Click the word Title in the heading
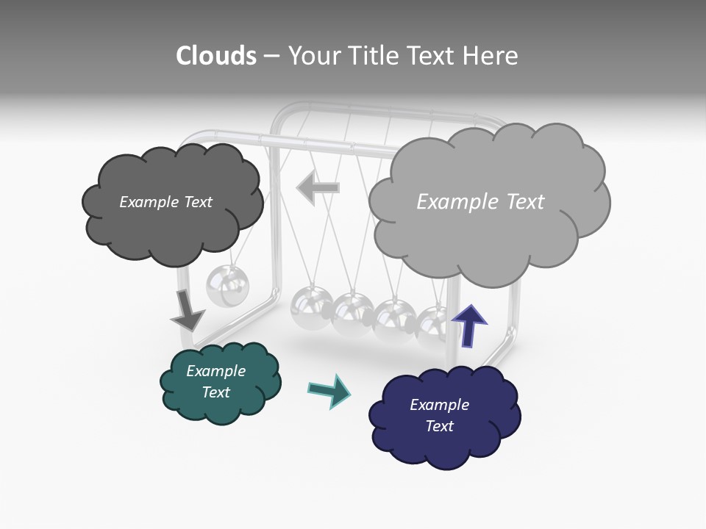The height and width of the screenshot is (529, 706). pos(375,56)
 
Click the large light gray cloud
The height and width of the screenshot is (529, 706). pos(485,235)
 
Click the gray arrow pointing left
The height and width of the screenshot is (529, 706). pos(318,188)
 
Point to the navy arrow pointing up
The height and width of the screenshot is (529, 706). pos(469,325)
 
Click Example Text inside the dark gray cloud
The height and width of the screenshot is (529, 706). pos(165,202)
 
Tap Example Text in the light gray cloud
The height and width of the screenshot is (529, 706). pos(480,202)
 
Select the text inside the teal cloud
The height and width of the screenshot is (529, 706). pos(215,381)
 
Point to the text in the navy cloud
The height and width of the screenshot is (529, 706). pos(439,415)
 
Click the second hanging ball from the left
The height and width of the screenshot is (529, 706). pos(312,306)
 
